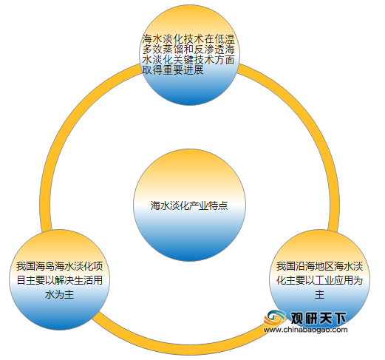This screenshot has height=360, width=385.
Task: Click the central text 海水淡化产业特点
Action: [189, 206]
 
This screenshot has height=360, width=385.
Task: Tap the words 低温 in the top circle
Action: [225, 39]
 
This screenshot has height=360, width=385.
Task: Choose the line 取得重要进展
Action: [173, 70]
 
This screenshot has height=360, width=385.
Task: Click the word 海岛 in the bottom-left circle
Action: [45, 266]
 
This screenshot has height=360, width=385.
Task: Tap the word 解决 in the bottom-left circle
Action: [64, 280]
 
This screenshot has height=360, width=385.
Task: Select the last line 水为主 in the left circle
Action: [59, 294]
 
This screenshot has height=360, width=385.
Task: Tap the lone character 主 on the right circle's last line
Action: [319, 294]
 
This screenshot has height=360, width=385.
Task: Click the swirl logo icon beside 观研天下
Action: [275, 318]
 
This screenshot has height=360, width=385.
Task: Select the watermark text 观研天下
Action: [318, 318]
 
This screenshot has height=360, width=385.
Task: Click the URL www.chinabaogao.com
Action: [305, 330]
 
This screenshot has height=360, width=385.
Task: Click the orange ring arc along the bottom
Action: [183, 350]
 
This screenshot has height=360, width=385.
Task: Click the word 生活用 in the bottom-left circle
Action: [88, 280]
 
